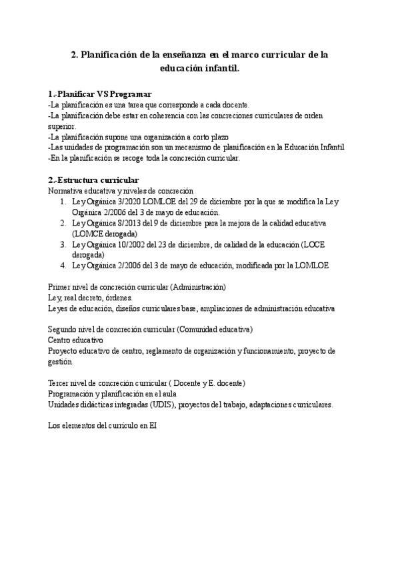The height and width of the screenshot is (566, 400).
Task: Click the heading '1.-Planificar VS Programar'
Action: [101, 93]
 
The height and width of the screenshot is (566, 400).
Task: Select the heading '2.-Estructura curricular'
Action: [94, 180]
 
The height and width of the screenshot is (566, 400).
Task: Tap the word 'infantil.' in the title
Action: [217, 68]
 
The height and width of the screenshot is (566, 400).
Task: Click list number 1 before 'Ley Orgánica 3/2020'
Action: [62, 201]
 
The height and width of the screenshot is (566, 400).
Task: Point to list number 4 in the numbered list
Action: [62, 265]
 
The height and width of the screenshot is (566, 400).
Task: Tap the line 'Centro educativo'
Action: [75, 340]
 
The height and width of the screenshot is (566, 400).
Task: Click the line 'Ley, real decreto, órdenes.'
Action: [91, 297]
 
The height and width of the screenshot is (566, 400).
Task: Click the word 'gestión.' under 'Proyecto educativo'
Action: [61, 361]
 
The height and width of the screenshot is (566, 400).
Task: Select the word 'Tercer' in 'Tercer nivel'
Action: [59, 383]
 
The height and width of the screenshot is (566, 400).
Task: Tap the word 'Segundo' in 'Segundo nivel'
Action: [63, 329]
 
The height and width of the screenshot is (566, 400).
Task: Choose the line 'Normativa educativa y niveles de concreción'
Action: [121, 190]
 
